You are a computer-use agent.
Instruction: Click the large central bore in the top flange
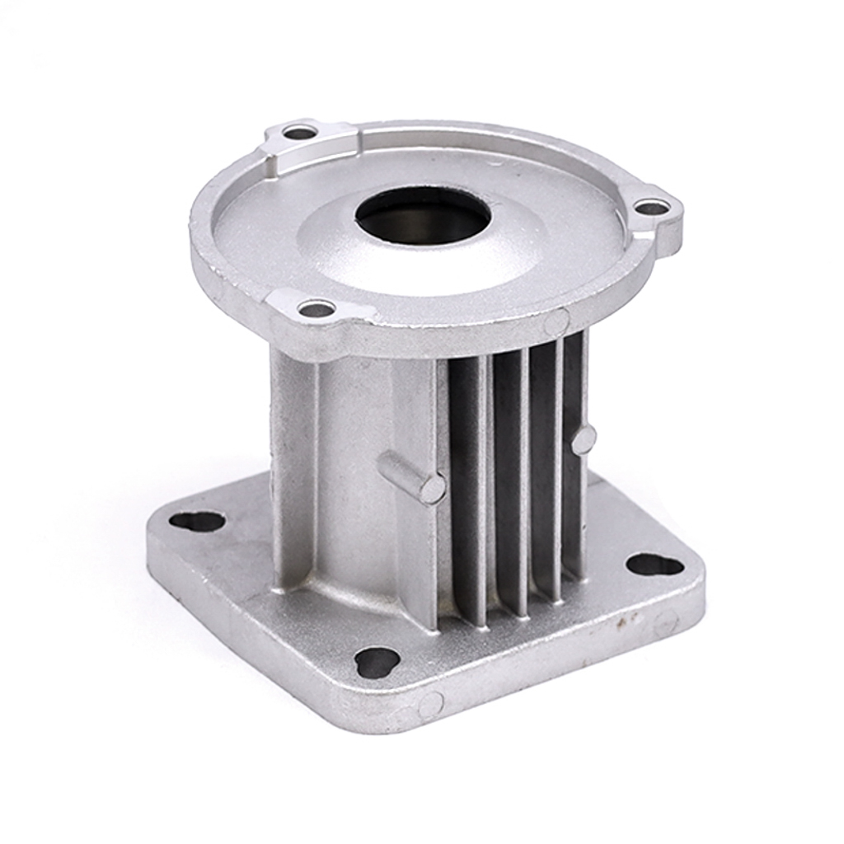click(x=423, y=215)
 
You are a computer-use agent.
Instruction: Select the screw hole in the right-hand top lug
click(x=652, y=208)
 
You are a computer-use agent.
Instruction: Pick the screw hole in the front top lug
click(x=316, y=309)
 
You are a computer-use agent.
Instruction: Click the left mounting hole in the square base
click(x=197, y=522)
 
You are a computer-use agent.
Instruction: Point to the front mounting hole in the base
click(x=377, y=661)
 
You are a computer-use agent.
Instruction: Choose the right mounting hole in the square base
click(x=654, y=565)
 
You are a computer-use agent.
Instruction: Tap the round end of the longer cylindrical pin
click(x=433, y=489)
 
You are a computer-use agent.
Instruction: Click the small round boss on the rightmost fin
click(x=584, y=439)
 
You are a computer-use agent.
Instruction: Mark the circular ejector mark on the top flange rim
click(x=556, y=321)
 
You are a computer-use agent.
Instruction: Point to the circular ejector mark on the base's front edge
click(x=430, y=705)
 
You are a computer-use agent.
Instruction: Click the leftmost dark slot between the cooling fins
click(x=467, y=486)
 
